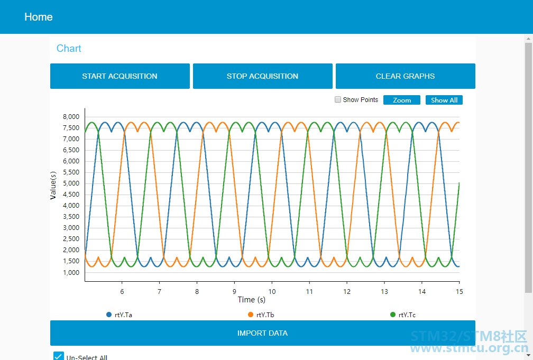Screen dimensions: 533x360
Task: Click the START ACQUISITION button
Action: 120,76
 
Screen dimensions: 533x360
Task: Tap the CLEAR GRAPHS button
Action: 405,76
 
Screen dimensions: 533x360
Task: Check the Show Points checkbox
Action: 338,99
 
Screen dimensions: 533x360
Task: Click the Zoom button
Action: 402,100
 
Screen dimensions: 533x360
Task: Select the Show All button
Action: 444,100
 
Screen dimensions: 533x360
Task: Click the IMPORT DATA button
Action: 263,333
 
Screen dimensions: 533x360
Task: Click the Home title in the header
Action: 39,17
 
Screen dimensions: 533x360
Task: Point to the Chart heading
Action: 69,48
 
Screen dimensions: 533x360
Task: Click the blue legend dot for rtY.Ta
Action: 109,315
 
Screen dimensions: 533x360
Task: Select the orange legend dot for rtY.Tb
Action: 251,315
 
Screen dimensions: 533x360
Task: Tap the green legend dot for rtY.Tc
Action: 392,315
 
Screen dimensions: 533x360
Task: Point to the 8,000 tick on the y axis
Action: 71,117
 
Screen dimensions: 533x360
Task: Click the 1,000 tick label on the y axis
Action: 71,273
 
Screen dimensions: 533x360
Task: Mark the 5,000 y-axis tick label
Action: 71,183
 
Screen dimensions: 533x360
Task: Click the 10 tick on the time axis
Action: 272,292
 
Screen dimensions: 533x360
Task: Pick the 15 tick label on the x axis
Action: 459,292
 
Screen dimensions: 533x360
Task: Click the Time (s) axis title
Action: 252,300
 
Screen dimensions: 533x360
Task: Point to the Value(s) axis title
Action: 53,185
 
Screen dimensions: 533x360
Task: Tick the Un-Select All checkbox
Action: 59,356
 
